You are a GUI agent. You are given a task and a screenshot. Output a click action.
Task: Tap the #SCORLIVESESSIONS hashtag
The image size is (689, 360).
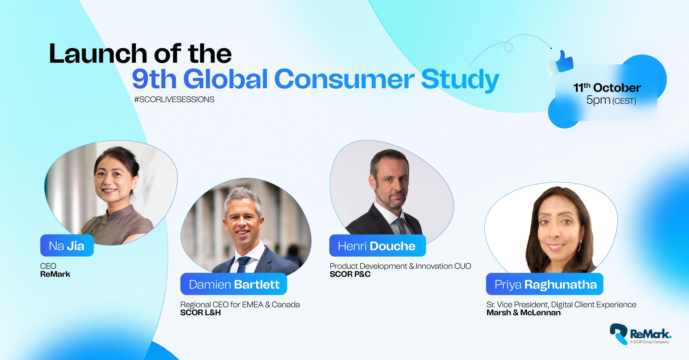174,99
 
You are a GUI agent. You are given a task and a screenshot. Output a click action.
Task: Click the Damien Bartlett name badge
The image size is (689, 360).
234,284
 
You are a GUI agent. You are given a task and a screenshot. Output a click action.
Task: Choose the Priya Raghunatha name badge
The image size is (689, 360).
545,284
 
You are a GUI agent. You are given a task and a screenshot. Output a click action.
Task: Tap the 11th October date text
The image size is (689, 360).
607,87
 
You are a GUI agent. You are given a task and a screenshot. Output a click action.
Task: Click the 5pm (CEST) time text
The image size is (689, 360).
611,100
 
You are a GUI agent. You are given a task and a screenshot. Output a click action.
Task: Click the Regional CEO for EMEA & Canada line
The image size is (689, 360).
240,305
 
